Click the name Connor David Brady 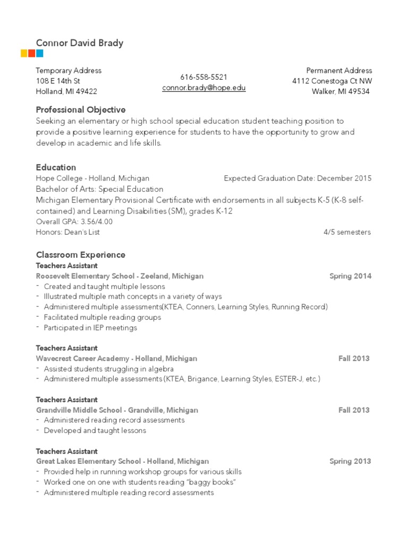pos(79,43)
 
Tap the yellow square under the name pos(24,53)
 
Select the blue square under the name pos(40,53)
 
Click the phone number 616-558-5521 pos(203,77)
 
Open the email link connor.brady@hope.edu pos(203,88)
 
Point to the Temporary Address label pos(68,71)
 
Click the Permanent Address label pos(339,71)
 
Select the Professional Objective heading pos(80,110)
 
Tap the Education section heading pos(56,167)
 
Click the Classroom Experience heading pos(80,255)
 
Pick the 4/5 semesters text pos(347,232)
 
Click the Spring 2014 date pos(350,276)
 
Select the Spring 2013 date pos(350,461)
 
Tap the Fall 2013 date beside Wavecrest pos(354,359)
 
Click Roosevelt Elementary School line pos(120,276)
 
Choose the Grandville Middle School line pos(117,410)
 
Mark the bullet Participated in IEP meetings pos(90,328)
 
